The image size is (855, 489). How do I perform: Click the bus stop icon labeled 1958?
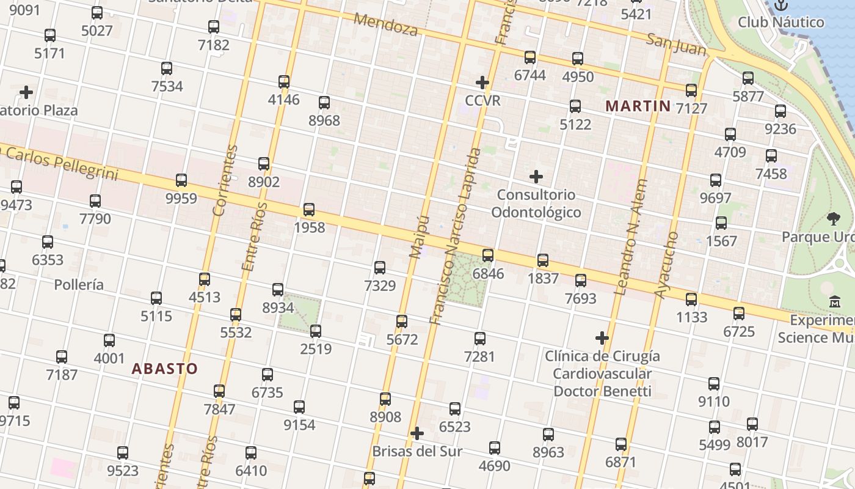309,210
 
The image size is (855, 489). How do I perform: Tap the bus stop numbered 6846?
487,256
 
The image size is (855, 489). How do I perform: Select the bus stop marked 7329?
380,268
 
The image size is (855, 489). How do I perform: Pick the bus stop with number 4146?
284,82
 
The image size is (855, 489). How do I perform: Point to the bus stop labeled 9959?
181,180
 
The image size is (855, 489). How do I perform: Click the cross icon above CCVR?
482,83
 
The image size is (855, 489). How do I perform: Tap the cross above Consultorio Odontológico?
536,177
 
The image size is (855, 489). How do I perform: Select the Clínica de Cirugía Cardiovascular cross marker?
602,338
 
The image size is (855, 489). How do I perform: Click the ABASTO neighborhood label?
165,369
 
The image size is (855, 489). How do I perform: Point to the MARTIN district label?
638,106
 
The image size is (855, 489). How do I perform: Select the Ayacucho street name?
666,265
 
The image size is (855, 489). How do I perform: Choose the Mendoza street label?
385,24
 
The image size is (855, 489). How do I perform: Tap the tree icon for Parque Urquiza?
833,219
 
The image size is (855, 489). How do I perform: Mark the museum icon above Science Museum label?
835,301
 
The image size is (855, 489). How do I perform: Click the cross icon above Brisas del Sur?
417,434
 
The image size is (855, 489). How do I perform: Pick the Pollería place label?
79,285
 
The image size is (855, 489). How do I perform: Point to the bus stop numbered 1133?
691,300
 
